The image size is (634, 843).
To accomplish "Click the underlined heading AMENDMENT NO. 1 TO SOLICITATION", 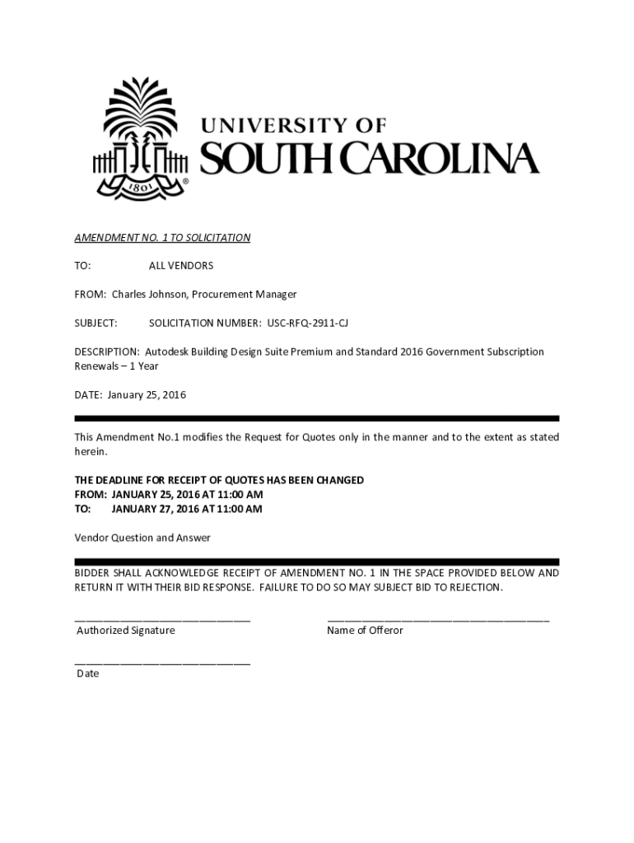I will click(162, 238).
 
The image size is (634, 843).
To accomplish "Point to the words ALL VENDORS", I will click(180, 266).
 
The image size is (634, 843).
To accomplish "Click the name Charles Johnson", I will click(145, 294).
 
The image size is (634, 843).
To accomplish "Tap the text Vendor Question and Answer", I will click(142, 538).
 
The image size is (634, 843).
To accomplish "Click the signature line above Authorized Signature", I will click(162, 618).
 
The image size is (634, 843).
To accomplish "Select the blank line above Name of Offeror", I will click(438, 618).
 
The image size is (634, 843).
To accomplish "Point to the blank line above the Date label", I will click(162, 662).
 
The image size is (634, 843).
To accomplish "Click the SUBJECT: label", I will click(96, 323).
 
